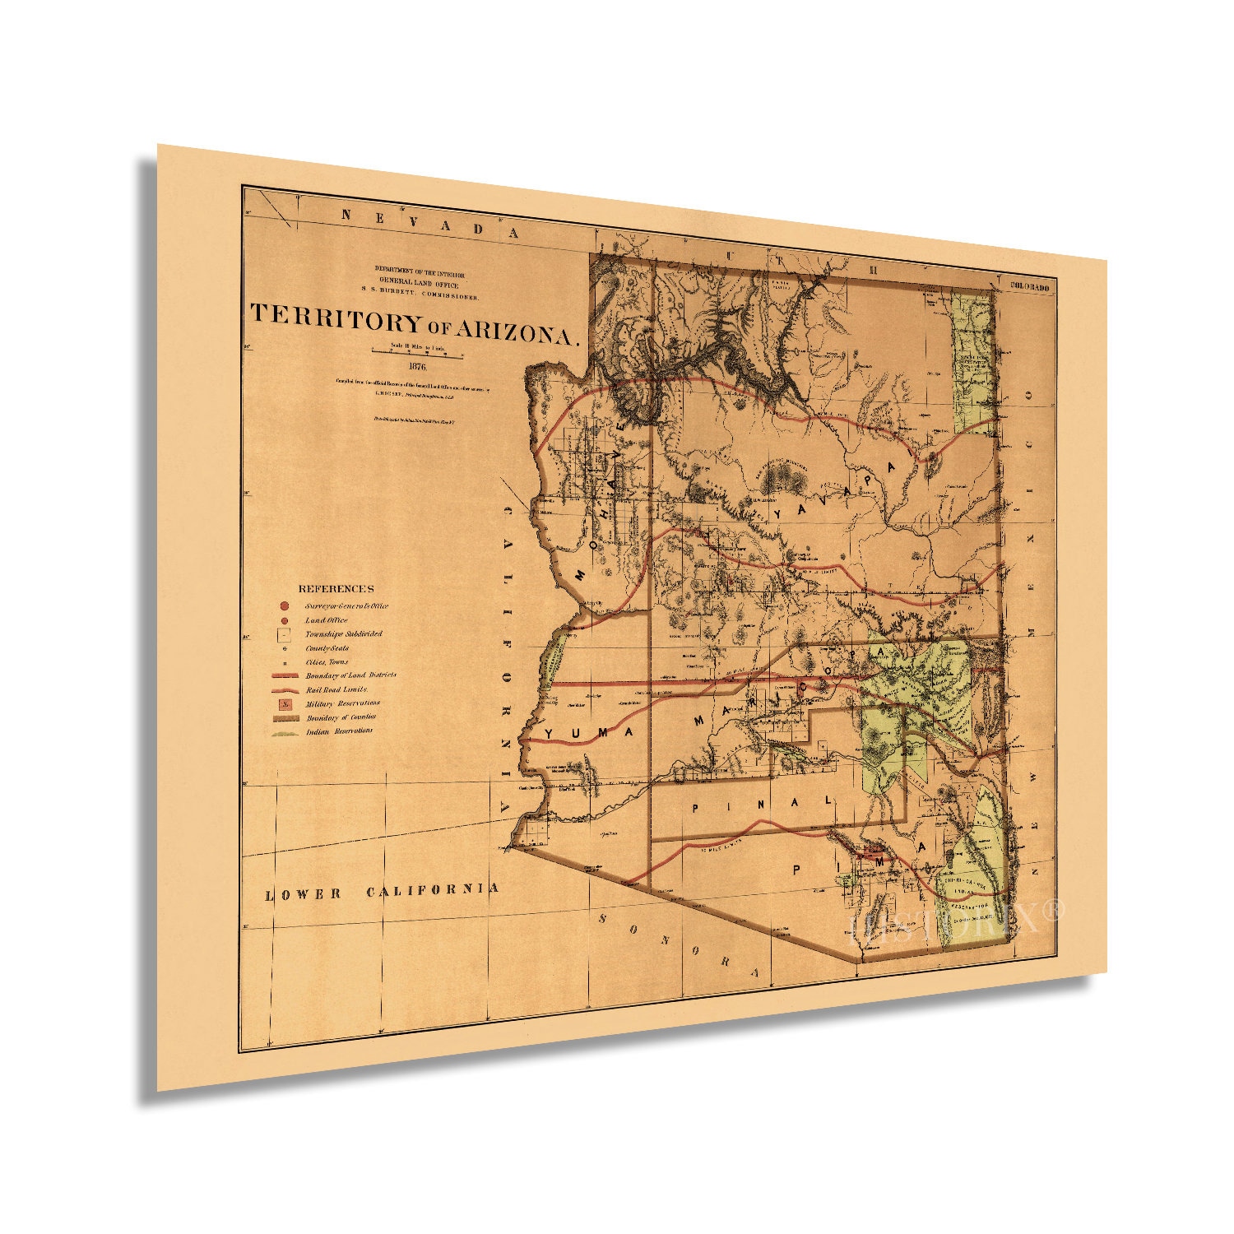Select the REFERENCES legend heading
pos(336,589)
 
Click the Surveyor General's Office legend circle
pos(284,605)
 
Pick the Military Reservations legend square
pos(284,704)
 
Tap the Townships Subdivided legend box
pos(284,635)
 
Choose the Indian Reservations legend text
pos(339,731)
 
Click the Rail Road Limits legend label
pos(336,689)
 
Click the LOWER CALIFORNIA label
pos(382,891)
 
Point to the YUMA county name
pos(585,731)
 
